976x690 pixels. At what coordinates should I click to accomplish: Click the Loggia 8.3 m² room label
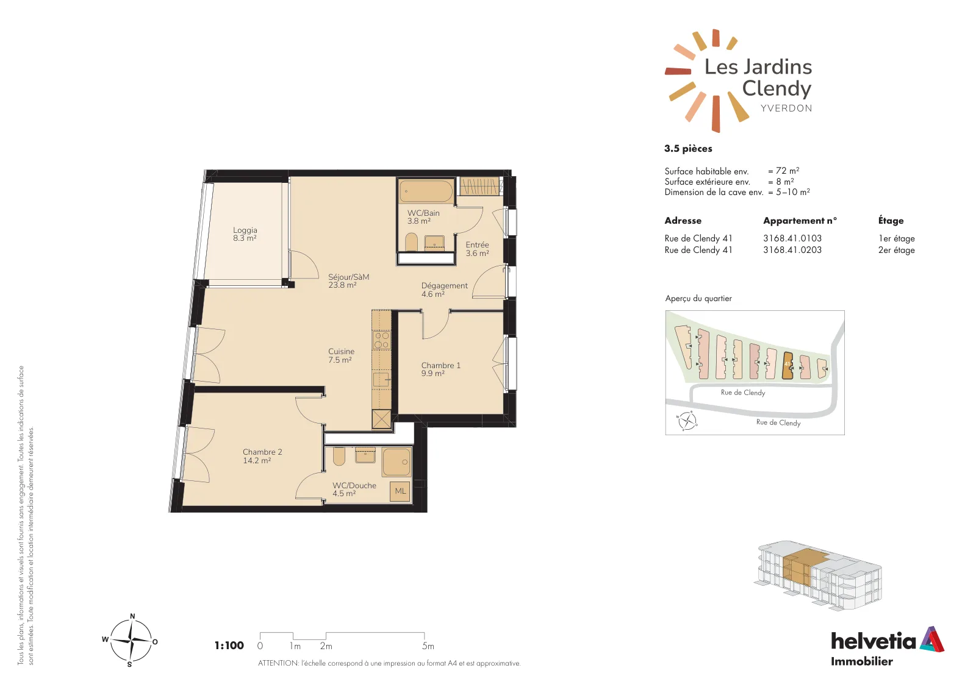245,234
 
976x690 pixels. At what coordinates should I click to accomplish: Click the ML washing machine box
400,491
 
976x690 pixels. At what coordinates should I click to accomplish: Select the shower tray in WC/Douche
396,461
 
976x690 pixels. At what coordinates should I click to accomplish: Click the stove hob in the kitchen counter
382,340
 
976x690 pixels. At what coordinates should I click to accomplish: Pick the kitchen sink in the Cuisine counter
381,380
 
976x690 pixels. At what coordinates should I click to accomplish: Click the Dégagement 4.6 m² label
444,290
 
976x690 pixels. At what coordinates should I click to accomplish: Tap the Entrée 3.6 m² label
477,249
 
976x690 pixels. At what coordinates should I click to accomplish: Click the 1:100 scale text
229,645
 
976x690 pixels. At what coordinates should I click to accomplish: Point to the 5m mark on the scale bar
428,646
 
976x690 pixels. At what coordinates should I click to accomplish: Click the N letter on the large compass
132,616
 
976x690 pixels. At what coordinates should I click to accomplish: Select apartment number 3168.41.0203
792,250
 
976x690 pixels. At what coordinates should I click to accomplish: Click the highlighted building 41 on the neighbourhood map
787,365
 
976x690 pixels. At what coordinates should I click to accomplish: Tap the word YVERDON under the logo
786,108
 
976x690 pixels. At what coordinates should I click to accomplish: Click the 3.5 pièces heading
688,149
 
